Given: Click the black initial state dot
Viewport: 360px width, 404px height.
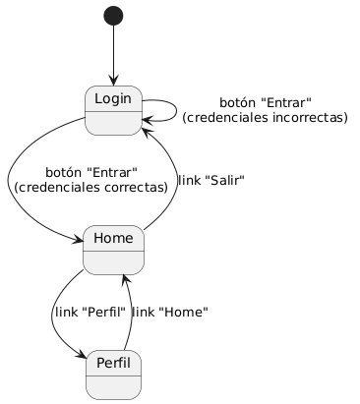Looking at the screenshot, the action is (113, 16).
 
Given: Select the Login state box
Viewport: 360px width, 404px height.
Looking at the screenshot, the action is (113, 110).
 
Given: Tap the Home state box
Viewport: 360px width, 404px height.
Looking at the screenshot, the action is (113, 250).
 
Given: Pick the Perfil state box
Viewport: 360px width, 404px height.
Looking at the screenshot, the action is (113, 375).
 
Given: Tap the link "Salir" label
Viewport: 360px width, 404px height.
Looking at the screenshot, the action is (211, 180).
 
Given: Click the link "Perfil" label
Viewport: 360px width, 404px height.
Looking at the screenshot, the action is (90, 312).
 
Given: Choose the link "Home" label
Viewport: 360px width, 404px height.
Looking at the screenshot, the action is (170, 312).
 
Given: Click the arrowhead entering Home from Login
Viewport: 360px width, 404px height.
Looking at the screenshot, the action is (79, 240).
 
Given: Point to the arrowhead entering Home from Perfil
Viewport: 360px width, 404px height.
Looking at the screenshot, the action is (124, 279).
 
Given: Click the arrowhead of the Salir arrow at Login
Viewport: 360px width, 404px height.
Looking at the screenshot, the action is (146, 132).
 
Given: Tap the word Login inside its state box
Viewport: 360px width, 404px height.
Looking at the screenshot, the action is (113, 98).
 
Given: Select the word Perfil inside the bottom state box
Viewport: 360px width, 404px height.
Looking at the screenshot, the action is (113, 363).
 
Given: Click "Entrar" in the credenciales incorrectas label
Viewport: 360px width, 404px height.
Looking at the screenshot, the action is (286, 102).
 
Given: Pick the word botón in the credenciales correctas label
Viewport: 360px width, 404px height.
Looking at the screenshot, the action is (64, 172).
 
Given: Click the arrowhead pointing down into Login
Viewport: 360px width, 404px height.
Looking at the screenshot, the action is (113, 82).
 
